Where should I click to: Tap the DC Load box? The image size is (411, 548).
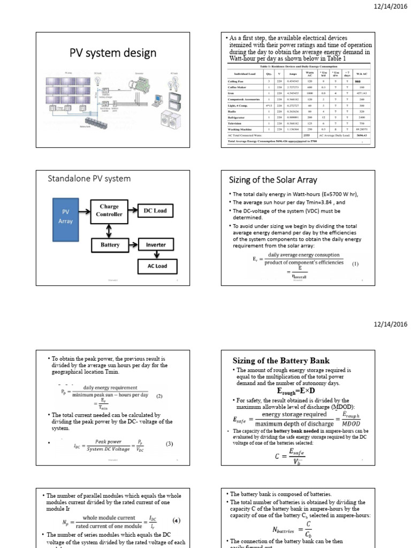[155, 210]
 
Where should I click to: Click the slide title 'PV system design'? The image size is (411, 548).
[113, 53]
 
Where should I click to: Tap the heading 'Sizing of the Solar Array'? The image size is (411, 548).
[273, 179]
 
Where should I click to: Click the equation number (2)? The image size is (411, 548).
[159, 397]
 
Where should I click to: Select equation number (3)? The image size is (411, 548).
[169, 444]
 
